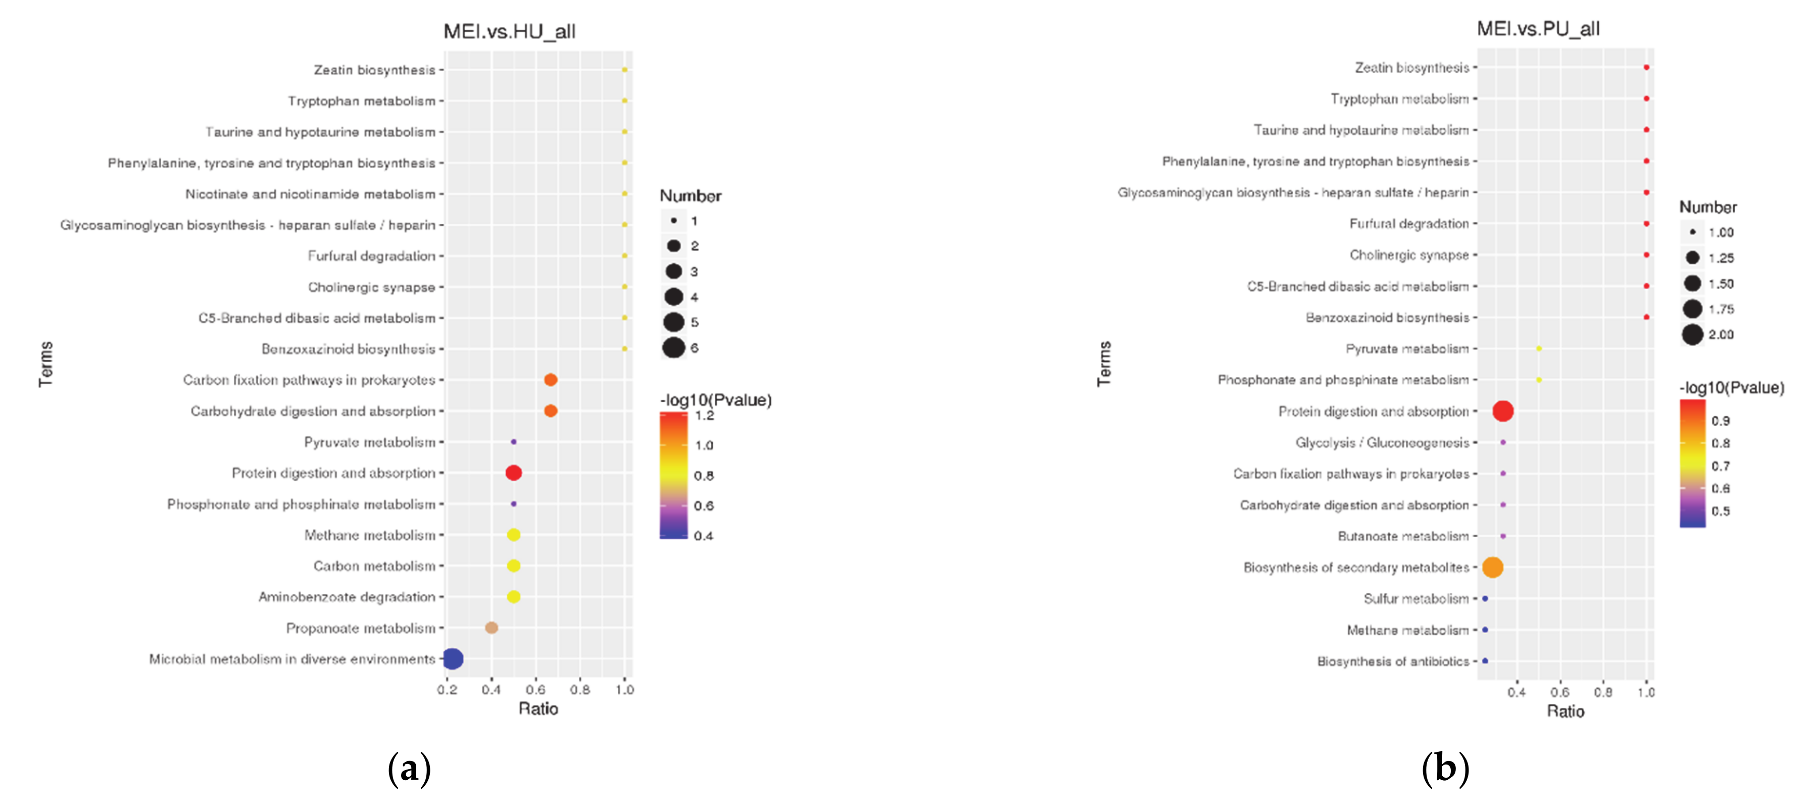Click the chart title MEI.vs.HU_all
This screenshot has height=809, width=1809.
coord(509,32)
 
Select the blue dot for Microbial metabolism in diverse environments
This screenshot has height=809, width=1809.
coord(453,659)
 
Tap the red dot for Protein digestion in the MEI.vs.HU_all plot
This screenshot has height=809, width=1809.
coord(513,472)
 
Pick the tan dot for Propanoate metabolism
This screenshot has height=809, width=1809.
coord(492,628)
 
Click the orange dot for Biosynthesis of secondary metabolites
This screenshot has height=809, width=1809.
coord(1492,567)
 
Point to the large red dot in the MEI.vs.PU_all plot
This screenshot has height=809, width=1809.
coord(1502,411)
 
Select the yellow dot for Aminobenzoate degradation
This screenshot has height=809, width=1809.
coord(513,597)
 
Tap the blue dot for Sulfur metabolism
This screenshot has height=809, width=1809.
coord(1485,599)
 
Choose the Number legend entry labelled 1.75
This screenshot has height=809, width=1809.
coord(1692,309)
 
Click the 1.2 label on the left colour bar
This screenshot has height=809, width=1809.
coord(704,416)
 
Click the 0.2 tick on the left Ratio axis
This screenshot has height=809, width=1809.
coord(448,690)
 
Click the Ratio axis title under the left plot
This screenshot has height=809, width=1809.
coord(538,708)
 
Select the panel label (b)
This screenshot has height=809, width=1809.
coord(1445,768)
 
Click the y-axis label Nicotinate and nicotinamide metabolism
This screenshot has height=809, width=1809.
coord(310,194)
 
